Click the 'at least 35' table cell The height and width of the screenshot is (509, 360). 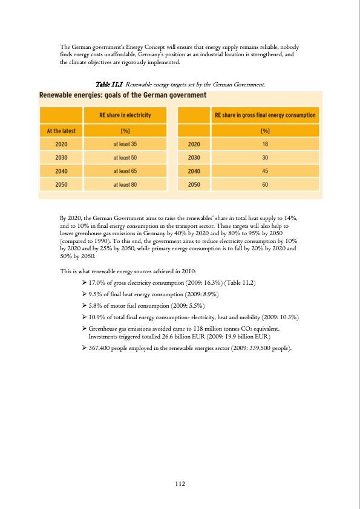click(125, 144)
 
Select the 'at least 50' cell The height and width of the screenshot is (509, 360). click(125, 157)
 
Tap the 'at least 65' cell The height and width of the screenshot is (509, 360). click(125, 171)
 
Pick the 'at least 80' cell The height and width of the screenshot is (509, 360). click(125, 184)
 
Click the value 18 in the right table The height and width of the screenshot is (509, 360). click(265, 144)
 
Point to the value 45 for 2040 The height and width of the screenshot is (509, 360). click(265, 171)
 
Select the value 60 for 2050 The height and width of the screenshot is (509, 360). click(265, 184)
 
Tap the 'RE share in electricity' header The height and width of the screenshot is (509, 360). click(125, 115)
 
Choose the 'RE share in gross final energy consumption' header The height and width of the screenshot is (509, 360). click(265, 115)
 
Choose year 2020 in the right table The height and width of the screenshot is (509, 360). click(194, 144)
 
